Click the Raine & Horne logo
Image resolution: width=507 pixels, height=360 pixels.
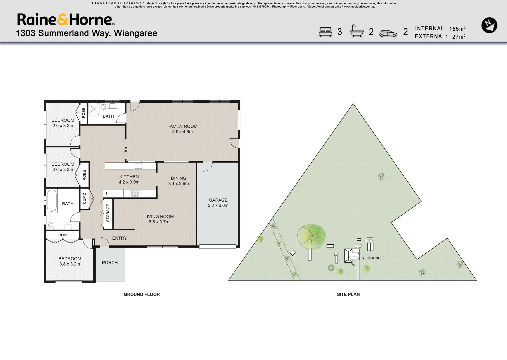tap(66, 20)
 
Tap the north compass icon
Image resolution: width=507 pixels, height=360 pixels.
tap(489, 25)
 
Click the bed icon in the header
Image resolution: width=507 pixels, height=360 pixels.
tap(325, 32)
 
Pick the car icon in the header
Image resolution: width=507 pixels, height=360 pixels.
tap(388, 33)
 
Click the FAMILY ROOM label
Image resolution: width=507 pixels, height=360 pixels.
tap(182, 129)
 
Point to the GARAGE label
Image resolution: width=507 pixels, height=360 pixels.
tap(218, 203)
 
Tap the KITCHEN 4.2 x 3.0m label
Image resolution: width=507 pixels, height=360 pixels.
tap(129, 179)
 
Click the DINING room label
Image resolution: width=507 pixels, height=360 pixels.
tap(178, 181)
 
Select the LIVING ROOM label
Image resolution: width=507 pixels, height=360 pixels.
tap(159, 219)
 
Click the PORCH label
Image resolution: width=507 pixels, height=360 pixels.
tap(110, 263)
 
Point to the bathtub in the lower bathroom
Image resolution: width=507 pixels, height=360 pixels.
tap(52, 201)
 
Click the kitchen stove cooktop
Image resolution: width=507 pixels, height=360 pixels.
tap(135, 193)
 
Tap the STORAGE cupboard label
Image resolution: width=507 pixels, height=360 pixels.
tap(108, 213)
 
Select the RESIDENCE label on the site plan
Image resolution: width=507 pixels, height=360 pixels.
tap(372, 258)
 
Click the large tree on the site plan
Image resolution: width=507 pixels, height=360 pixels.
tap(311, 237)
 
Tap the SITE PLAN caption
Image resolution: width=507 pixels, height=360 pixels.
tap(348, 294)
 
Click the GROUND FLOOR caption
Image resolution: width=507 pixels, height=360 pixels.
tap(142, 294)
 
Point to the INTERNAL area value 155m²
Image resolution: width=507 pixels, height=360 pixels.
tap(457, 29)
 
